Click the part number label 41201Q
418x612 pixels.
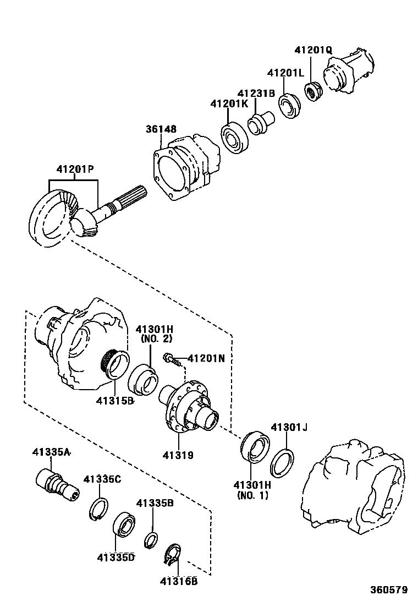313,50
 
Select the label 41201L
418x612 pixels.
286,73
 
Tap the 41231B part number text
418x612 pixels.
256,94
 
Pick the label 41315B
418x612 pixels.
115,401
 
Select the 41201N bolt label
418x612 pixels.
206,358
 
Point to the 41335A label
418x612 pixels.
50,452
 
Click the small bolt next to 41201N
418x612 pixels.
172,360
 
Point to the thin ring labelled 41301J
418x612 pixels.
282,462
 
